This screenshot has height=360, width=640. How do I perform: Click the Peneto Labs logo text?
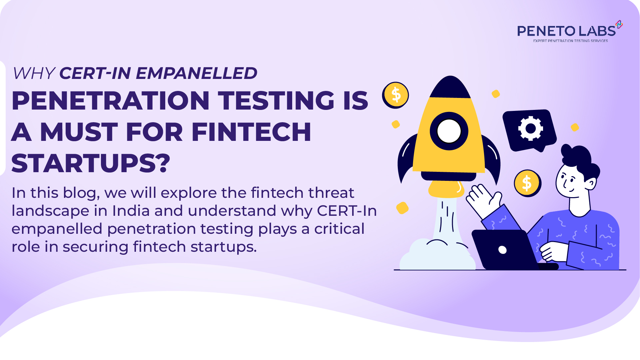566,31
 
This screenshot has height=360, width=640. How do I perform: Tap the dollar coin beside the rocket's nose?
396,95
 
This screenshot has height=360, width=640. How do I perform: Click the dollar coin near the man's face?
527,183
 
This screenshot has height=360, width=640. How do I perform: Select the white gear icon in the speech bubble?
530,129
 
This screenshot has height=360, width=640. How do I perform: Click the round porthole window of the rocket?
449,131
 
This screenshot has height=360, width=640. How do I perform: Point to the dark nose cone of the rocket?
450,88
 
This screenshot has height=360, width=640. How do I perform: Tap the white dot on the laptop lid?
502,250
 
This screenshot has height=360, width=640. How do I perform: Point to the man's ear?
591,183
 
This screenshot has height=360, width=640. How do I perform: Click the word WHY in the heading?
34,73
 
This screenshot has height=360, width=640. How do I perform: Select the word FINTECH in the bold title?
251,132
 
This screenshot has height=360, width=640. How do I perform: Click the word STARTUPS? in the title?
91,164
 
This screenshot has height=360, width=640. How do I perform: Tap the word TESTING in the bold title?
276,101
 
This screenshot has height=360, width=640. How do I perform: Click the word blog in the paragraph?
81,193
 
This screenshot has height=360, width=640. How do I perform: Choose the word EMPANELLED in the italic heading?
196,73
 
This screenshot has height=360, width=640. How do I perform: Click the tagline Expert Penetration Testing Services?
570,41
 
